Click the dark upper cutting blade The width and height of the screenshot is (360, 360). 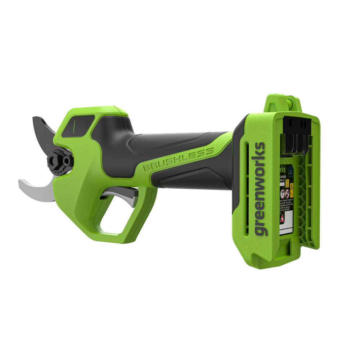click(45, 130)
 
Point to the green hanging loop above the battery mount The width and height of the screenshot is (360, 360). click(284, 103)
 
